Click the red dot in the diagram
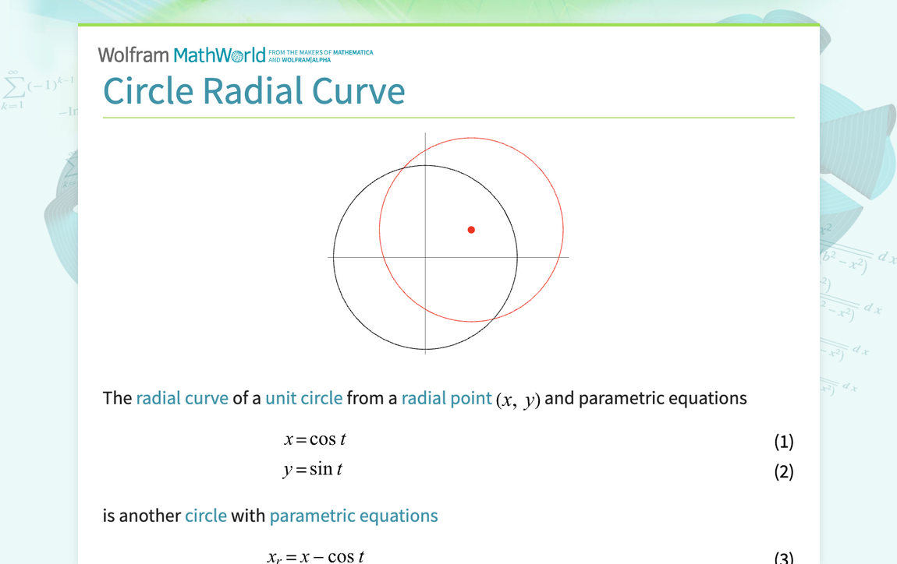pos(471,230)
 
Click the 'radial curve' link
pos(182,398)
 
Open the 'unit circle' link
pos(303,398)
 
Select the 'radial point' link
pos(446,398)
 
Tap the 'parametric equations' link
pos(353,516)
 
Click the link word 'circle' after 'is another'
pos(205,516)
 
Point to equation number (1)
pos(783,442)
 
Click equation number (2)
pos(783,471)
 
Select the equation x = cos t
pos(314,439)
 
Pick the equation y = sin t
pos(313,470)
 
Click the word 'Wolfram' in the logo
pos(133,55)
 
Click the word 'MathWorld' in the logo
pos(220,55)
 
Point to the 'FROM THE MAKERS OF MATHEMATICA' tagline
pos(321,53)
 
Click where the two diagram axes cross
pos(425,257)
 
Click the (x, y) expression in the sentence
pos(518,400)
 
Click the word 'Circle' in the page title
pos(148,90)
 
